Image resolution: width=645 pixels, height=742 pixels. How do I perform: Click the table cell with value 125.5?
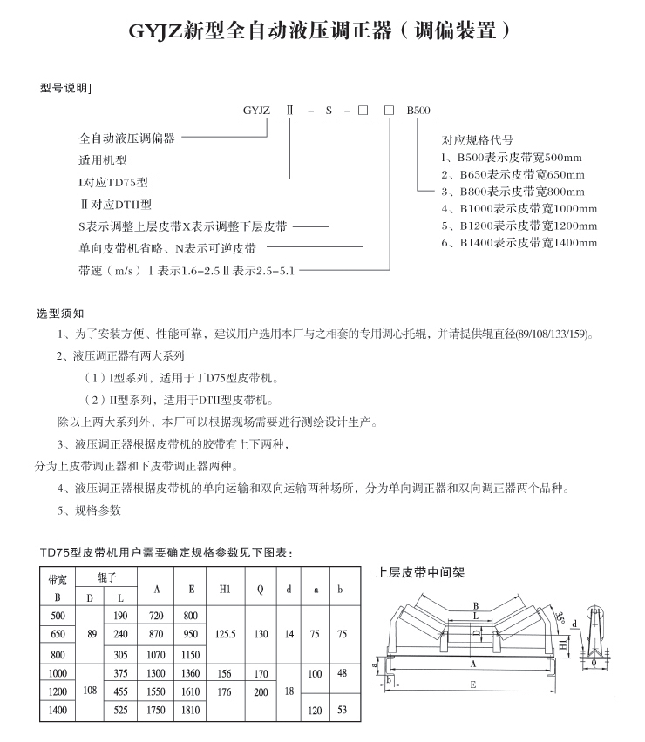(x=225, y=635)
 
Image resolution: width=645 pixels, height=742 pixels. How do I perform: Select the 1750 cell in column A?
(x=157, y=711)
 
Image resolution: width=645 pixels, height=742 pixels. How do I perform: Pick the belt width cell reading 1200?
(x=58, y=691)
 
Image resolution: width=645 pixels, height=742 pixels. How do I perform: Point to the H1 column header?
(x=225, y=588)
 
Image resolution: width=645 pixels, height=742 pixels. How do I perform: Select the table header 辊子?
(x=105, y=577)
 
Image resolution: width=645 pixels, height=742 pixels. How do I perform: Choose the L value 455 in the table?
(x=120, y=691)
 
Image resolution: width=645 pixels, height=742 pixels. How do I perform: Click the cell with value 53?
(x=342, y=711)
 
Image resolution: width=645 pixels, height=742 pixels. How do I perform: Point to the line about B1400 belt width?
(x=519, y=243)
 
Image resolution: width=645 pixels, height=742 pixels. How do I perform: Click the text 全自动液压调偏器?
(x=127, y=138)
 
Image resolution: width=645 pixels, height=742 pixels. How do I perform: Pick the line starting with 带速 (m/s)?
(x=187, y=271)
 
